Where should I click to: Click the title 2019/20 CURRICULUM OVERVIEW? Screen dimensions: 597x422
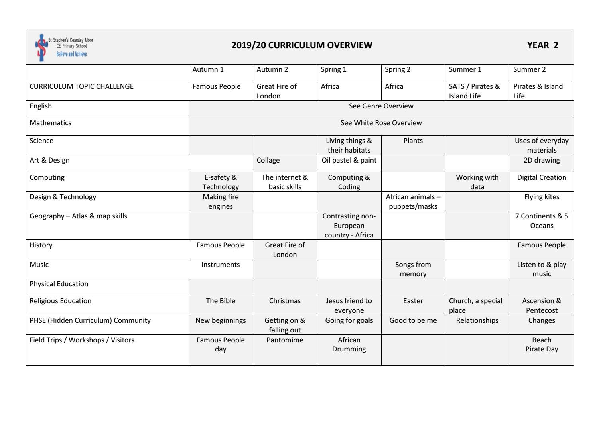tap(301, 45)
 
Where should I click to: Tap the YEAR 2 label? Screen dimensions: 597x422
tap(542, 45)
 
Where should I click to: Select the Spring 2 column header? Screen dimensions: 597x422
tap(397, 69)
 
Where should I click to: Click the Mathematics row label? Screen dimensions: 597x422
tap(50, 123)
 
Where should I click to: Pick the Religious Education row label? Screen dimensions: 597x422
tap(60, 301)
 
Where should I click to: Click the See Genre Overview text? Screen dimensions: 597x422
tap(381, 106)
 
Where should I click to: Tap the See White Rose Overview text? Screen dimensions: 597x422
tap(381, 123)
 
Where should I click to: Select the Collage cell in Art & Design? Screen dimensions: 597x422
tap(268, 160)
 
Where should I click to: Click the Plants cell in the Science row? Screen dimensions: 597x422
tap(413, 141)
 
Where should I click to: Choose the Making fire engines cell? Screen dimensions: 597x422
tap(221, 201)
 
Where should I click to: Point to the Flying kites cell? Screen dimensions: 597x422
tap(541, 197)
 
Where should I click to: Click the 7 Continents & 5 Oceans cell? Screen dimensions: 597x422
tap(541, 221)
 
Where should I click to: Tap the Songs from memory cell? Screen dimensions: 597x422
tap(413, 269)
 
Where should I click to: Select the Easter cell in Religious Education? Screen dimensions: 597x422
tap(413, 301)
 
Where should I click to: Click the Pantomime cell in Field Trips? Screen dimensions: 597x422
tap(285, 340)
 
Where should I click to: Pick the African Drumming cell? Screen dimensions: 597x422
tap(349, 344)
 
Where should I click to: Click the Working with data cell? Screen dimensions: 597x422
tap(477, 182)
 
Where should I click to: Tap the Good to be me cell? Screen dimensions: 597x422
tap(413, 320)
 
